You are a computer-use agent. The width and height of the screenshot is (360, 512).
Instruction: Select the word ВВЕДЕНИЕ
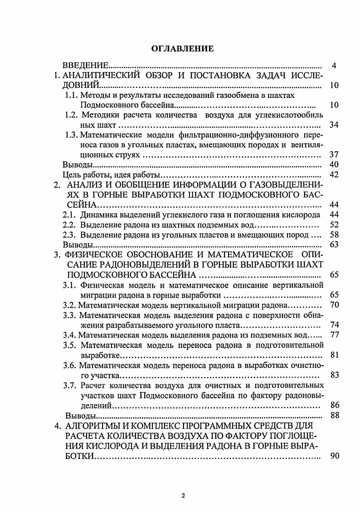pos(84,66)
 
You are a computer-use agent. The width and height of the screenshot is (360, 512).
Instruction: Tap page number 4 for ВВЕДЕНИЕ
pos(334,66)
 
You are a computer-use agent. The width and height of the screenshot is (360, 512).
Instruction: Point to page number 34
pos(334,125)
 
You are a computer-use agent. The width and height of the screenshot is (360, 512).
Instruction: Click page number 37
pos(334,155)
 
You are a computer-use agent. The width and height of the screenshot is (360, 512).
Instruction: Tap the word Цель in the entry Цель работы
pos(72,174)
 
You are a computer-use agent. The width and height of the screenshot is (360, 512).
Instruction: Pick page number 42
pos(334,174)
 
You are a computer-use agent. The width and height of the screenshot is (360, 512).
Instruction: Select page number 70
pos(335,304)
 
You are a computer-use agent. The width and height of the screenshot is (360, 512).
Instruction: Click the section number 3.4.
pos(69,335)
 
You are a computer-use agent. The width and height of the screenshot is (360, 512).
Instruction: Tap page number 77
pos(335,335)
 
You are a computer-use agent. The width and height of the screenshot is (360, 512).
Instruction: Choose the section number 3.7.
pos(71,385)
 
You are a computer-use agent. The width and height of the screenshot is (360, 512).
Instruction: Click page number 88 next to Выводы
pos(335,415)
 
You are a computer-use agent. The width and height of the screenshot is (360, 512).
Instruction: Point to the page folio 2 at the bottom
pos(183,495)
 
